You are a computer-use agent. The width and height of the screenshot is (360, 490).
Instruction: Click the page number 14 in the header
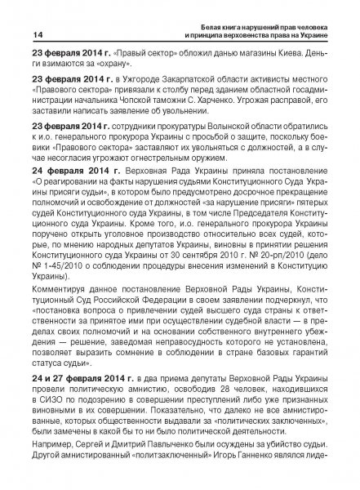click(16, 33)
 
